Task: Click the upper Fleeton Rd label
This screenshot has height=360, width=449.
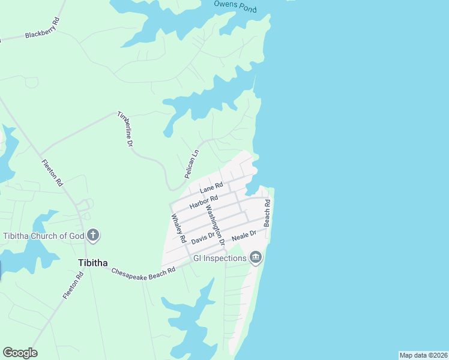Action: [x=52, y=173]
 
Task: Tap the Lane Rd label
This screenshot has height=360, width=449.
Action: [x=211, y=188]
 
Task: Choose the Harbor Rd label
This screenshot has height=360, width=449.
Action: [x=203, y=202]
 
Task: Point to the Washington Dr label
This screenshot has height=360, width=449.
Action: [x=214, y=226]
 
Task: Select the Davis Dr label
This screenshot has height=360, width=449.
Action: [x=203, y=238]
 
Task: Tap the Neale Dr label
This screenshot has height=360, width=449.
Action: [x=244, y=234]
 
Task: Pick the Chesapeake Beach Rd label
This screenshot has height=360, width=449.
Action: [x=143, y=271]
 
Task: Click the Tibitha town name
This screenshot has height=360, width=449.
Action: [x=93, y=263]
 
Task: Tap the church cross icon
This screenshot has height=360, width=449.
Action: [x=92, y=235]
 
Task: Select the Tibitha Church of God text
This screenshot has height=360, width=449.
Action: [x=44, y=235]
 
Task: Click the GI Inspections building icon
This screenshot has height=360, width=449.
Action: [x=256, y=258]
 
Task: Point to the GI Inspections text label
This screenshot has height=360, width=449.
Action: [x=220, y=259]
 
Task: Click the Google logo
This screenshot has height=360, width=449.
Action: [x=20, y=353]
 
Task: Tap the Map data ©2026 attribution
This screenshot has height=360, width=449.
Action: [x=423, y=355]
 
